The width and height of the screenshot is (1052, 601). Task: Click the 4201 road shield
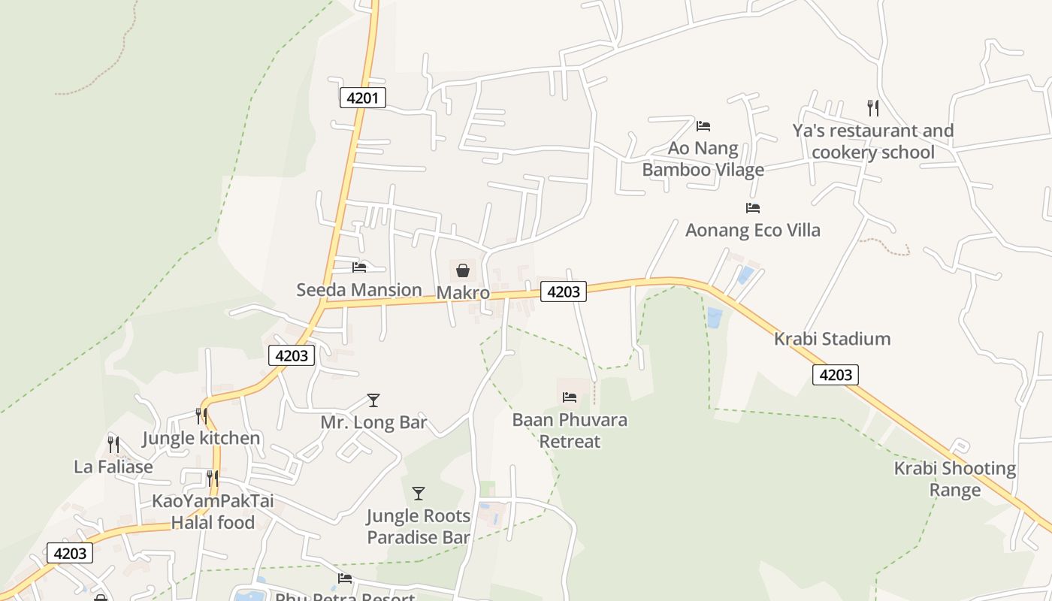pyautogui.click(x=363, y=97)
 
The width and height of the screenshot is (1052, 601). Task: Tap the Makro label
pyautogui.click(x=463, y=293)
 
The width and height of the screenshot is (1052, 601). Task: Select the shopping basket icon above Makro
pyautogui.click(x=463, y=270)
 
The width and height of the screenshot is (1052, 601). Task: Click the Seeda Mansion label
pyautogui.click(x=359, y=290)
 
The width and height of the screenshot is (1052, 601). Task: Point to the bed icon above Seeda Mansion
pyautogui.click(x=359, y=267)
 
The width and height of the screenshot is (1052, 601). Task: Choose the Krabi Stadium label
pyautogui.click(x=832, y=339)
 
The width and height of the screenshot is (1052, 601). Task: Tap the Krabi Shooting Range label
pyautogui.click(x=954, y=479)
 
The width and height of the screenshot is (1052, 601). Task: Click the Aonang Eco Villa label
pyautogui.click(x=752, y=230)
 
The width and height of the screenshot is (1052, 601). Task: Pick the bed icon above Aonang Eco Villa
pyautogui.click(x=752, y=207)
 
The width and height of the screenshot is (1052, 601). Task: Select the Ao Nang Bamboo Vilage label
pyautogui.click(x=703, y=159)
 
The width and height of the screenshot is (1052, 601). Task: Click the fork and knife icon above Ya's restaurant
pyautogui.click(x=872, y=107)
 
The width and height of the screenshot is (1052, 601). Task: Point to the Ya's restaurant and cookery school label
pyautogui.click(x=872, y=141)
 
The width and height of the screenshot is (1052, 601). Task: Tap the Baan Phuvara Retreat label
pyautogui.click(x=570, y=430)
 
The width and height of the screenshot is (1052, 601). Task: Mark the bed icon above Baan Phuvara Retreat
pyautogui.click(x=570, y=397)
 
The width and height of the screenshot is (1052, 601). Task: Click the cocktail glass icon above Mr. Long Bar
pyautogui.click(x=373, y=400)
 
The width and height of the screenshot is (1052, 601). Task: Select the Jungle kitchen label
pyautogui.click(x=201, y=438)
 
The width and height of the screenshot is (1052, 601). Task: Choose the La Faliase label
pyautogui.click(x=113, y=467)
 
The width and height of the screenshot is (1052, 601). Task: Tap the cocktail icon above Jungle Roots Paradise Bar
pyautogui.click(x=419, y=494)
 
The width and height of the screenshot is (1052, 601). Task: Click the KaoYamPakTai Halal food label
pyautogui.click(x=213, y=512)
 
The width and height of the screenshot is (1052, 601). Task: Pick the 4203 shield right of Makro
pyautogui.click(x=563, y=292)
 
